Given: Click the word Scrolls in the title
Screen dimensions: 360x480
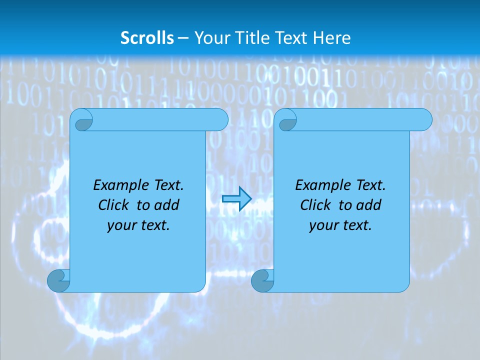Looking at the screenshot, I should point(147,37).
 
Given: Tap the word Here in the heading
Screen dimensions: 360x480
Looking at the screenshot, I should point(332,37).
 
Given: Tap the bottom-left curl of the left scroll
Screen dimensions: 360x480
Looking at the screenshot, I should point(58,281).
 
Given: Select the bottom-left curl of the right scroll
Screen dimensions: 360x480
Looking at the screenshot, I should point(262,281).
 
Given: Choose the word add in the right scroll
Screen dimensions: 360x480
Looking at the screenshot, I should point(369,205).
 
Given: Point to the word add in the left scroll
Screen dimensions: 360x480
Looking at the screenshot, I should point(167,205).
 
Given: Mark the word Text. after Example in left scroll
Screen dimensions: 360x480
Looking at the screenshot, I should point(166,185).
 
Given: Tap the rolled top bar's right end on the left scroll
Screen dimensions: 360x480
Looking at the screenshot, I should point(220,120).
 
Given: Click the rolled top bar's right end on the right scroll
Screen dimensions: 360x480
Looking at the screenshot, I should point(424,120).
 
